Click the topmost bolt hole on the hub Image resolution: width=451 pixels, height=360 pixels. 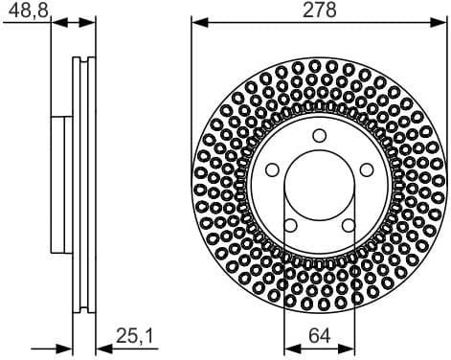[x=319, y=133]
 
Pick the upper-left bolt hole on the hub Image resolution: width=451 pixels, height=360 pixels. [x=271, y=169]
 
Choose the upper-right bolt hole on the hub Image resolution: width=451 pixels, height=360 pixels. [x=367, y=169]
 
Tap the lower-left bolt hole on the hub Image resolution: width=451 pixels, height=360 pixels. [x=289, y=225]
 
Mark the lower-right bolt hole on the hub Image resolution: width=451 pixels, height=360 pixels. [x=349, y=225]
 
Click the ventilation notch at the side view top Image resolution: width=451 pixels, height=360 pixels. [x=84, y=63]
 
